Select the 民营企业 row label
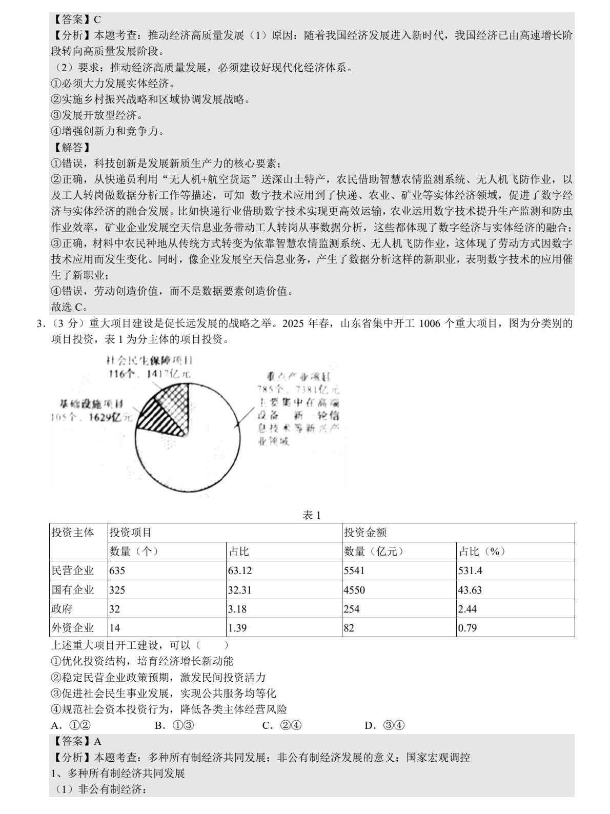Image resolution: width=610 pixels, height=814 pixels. coord(73,571)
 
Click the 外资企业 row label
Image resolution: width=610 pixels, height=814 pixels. coord(73,628)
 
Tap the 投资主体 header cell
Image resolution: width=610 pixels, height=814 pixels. coord(73,533)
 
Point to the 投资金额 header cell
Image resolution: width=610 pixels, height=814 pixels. coord(365,533)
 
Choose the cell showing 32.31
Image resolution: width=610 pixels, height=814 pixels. coord(240,590)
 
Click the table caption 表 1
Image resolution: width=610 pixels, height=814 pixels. coord(312,515)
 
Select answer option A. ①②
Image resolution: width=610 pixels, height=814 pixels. coord(71,725)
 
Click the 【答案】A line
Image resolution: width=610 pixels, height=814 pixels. coord(76,741)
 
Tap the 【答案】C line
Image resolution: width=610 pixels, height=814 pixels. coord(76,19)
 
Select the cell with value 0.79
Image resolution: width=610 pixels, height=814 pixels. coord(467,628)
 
